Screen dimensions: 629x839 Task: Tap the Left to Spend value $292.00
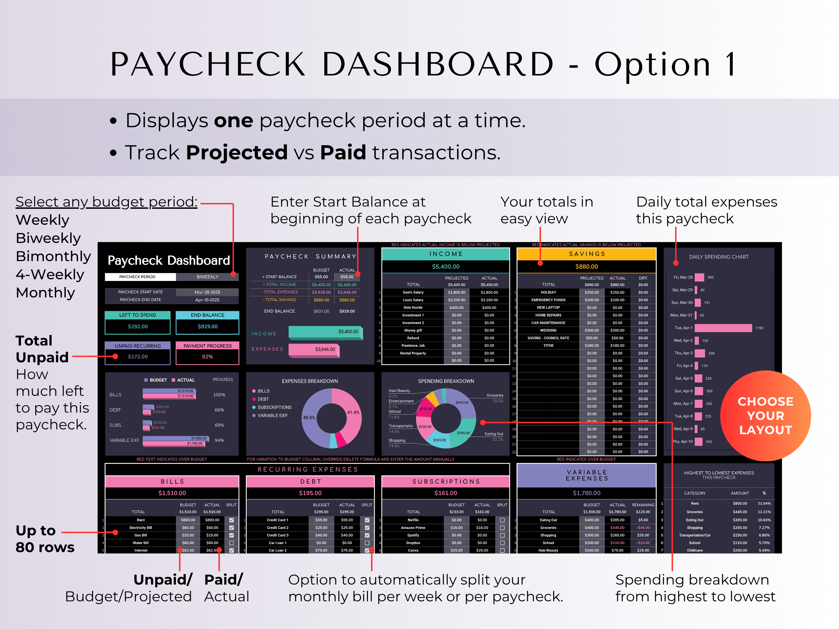[x=138, y=327]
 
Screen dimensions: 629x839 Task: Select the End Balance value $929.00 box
[x=208, y=327]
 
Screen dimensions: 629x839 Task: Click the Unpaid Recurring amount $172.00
[x=138, y=357]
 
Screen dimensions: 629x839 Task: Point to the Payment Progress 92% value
[x=208, y=357]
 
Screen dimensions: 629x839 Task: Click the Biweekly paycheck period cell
[x=208, y=277]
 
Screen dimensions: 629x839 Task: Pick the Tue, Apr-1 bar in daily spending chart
[x=723, y=328]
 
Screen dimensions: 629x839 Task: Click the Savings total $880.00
[x=586, y=266]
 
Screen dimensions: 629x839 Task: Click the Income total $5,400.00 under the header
[x=446, y=266]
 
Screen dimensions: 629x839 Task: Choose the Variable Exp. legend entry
[x=273, y=415]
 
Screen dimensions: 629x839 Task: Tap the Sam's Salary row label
[x=413, y=292]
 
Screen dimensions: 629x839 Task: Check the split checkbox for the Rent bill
[x=231, y=520]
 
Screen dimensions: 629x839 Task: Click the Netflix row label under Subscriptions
[x=413, y=520]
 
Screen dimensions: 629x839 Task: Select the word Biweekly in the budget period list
[x=48, y=238]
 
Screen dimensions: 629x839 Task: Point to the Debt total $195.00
[x=310, y=493]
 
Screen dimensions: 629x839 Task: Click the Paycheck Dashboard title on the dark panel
[x=169, y=261]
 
